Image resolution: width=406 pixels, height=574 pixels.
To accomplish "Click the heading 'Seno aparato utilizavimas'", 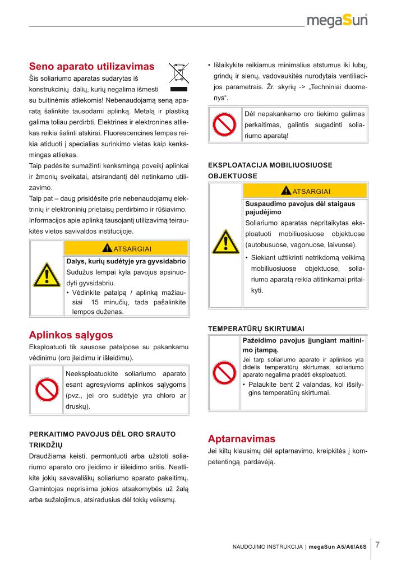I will pyautogui.click(x=91, y=66).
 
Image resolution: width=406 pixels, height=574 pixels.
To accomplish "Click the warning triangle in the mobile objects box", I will pyautogui.click(x=225, y=241).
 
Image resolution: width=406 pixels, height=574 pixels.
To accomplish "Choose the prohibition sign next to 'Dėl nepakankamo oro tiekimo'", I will pyautogui.click(x=225, y=125).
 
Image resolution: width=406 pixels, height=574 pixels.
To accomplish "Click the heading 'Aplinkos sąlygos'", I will pyautogui.click(x=71, y=335).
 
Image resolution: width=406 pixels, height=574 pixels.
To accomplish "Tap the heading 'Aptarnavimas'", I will pyautogui.click(x=242, y=438).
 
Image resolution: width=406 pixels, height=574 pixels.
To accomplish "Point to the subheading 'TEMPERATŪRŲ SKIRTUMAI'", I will pyautogui.click(x=256, y=328).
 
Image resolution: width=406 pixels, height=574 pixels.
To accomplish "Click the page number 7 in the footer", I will pyautogui.click(x=378, y=544).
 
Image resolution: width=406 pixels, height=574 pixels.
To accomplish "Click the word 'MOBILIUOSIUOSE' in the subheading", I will pyautogui.click(x=305, y=165).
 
